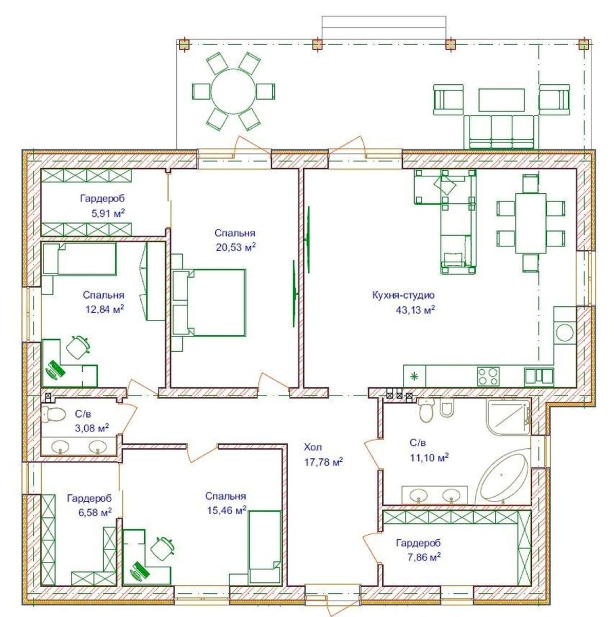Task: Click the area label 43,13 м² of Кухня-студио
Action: coord(415,310)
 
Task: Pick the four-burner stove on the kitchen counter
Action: coord(488,376)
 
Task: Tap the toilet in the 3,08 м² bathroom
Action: coord(52,414)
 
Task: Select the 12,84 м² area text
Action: coord(105,309)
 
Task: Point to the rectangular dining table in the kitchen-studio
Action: coord(530,223)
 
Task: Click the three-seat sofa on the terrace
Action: coord(501,132)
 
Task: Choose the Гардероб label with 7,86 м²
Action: coord(419,543)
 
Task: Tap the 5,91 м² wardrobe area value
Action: coord(108,213)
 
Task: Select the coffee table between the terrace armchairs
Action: coord(501,100)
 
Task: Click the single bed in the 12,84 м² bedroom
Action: coord(79,259)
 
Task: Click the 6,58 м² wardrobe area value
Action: coord(95,512)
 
